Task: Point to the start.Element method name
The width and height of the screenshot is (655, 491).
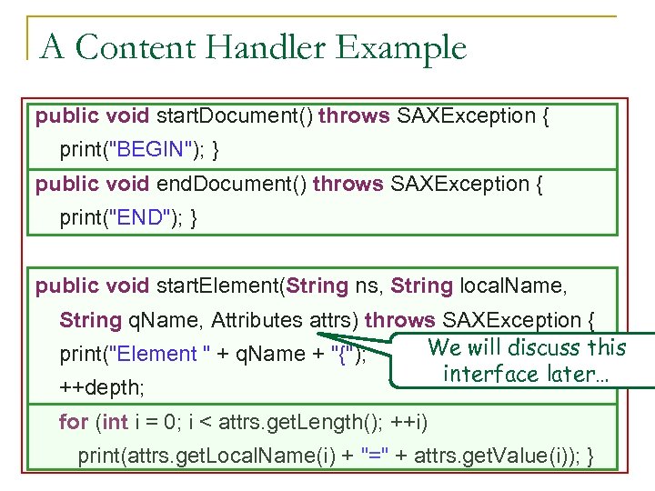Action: point(218,286)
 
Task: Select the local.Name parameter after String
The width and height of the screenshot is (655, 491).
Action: point(514,286)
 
